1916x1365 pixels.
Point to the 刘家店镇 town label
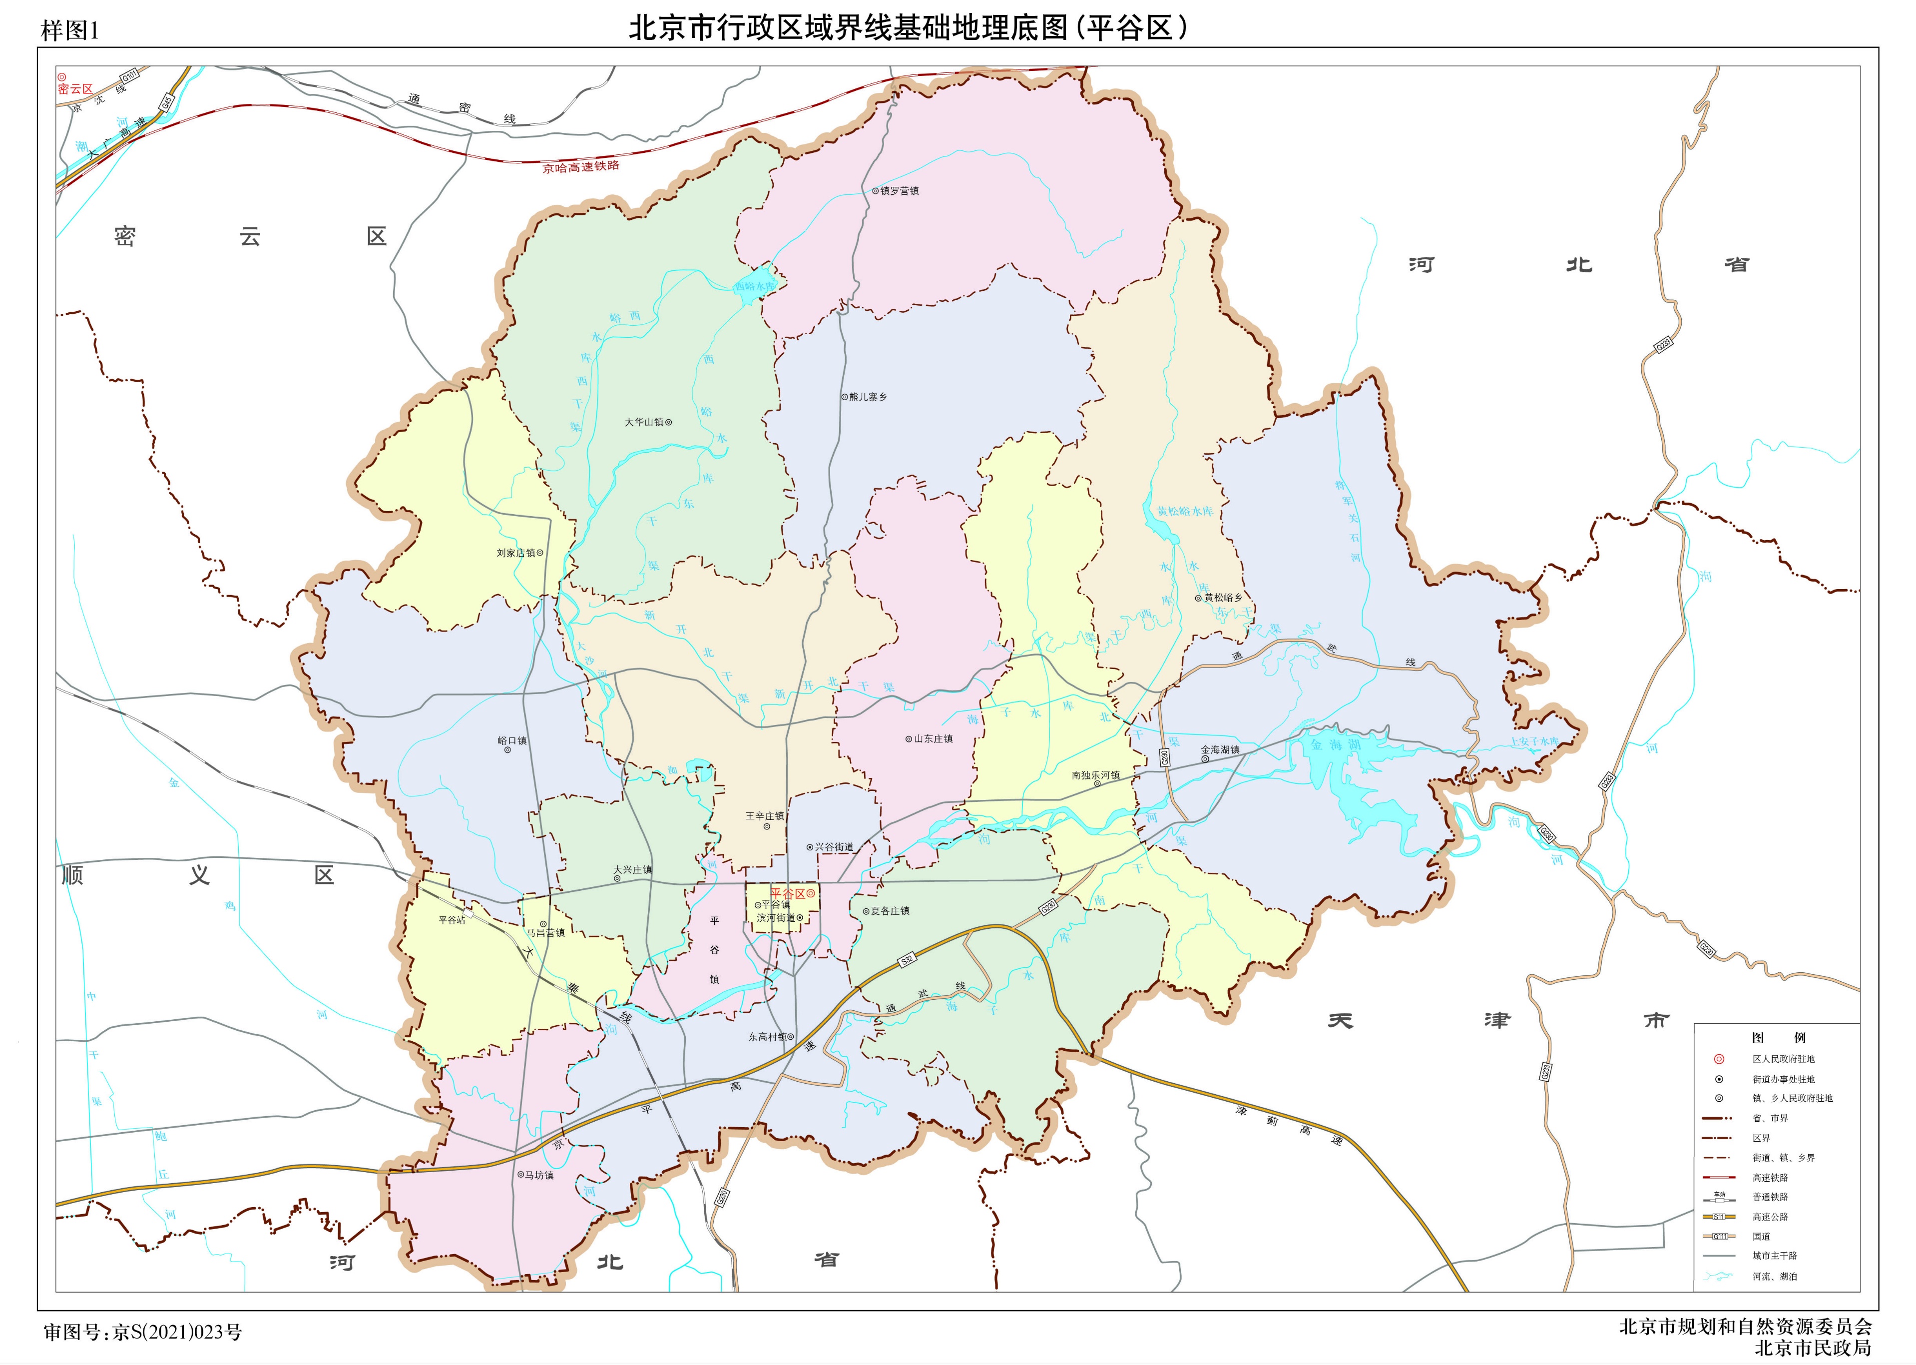click(516, 553)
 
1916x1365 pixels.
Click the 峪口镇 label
click(512, 740)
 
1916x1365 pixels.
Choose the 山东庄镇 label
click(933, 739)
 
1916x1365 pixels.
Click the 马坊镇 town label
click(538, 1175)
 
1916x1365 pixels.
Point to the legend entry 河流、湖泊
click(1774, 1276)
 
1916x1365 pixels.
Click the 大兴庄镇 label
click(632, 870)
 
